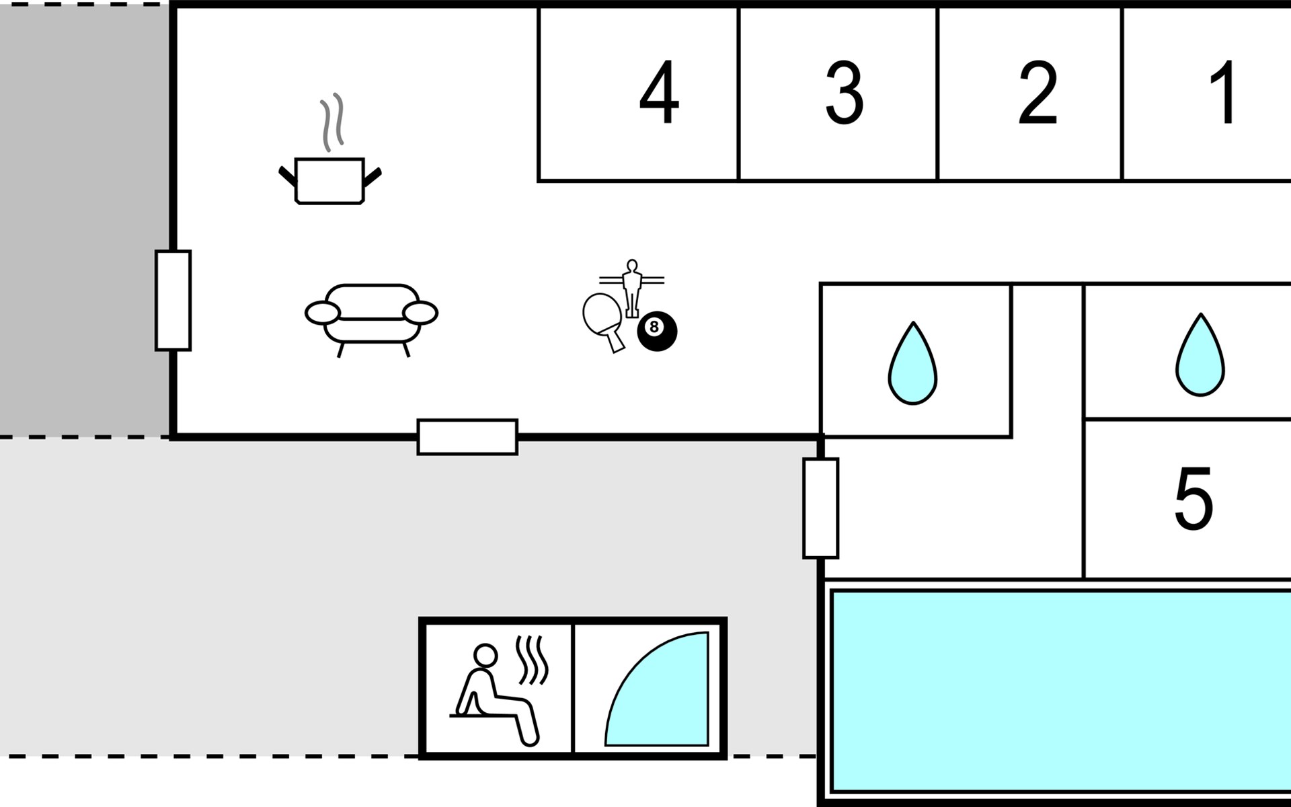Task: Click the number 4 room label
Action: (659, 93)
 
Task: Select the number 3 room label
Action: (844, 93)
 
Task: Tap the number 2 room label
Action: (1038, 93)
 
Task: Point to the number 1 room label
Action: (1224, 93)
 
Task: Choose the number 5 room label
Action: (1194, 498)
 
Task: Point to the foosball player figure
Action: (631, 288)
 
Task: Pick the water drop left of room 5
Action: (912, 364)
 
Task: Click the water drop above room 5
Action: (1200, 355)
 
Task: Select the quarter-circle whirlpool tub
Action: (657, 689)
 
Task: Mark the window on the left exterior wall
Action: (173, 301)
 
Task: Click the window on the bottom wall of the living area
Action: (467, 437)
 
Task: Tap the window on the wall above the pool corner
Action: (821, 508)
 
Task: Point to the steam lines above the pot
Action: (332, 122)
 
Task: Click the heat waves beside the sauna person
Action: (532, 661)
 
